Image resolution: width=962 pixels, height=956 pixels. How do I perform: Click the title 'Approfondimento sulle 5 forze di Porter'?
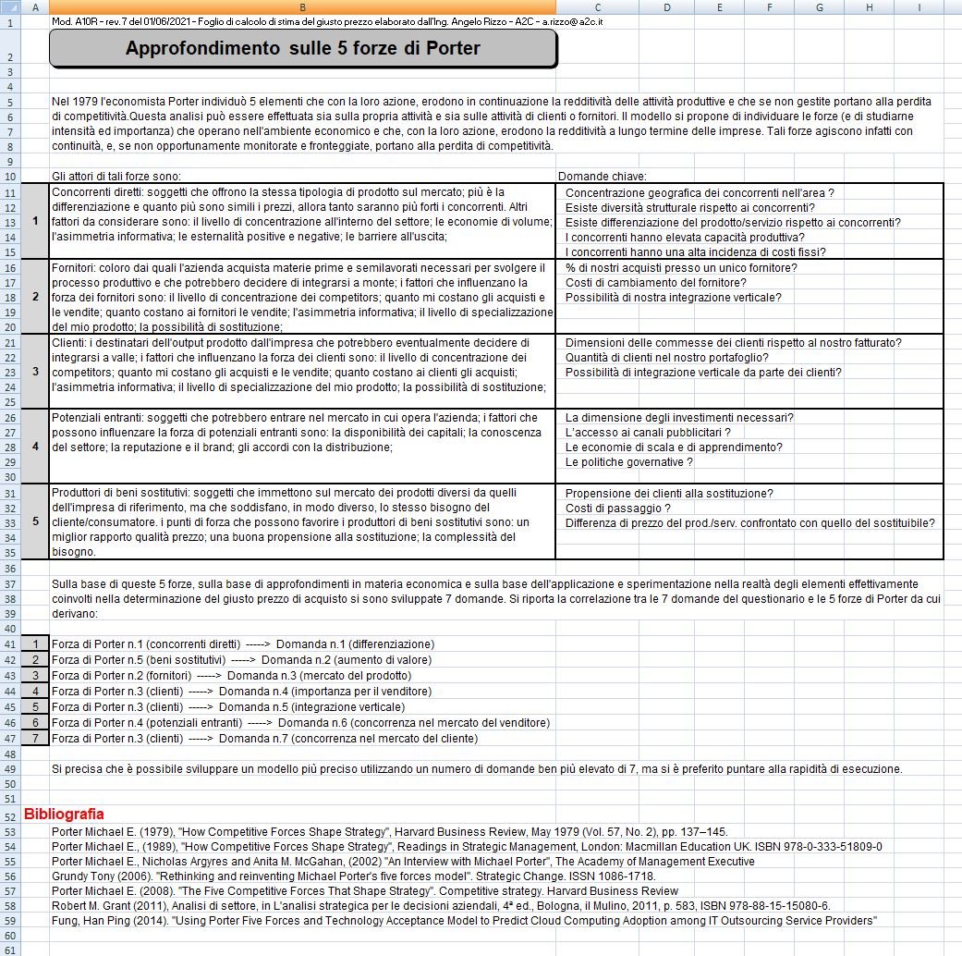point(303,49)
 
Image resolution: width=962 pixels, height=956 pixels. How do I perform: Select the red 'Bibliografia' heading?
point(64,815)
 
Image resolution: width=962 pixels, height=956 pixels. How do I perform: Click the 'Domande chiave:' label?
point(603,176)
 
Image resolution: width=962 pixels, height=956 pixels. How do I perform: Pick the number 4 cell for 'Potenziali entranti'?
point(35,447)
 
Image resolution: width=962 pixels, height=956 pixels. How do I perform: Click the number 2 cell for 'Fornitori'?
point(35,297)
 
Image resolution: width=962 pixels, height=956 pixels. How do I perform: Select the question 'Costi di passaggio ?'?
point(617,508)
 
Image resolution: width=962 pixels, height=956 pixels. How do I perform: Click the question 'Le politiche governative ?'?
point(628,461)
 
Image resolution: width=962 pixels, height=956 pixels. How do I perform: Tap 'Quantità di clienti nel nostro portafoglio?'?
point(666,357)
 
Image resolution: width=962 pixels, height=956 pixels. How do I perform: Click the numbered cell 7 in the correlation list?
point(35,739)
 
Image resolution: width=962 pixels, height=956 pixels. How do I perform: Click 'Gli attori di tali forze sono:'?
point(116,176)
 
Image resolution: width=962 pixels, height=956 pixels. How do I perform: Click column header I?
point(919,7)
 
